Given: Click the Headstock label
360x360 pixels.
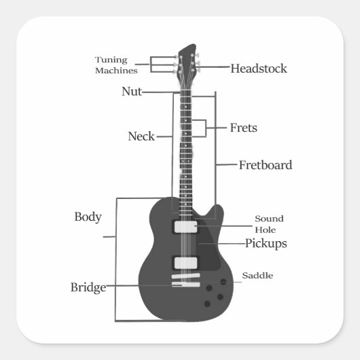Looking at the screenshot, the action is [x=259, y=69].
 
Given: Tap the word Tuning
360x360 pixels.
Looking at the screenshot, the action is [x=111, y=60].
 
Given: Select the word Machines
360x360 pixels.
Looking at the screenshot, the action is [x=116, y=71].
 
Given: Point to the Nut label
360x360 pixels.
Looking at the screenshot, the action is [x=132, y=92].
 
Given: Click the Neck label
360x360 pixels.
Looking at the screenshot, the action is [x=141, y=136].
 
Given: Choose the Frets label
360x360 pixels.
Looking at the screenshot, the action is [x=244, y=128].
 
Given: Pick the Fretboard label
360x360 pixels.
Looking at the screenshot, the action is [x=266, y=165].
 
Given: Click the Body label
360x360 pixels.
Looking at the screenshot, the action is [x=88, y=217].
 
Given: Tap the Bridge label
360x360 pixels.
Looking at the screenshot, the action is [x=88, y=287].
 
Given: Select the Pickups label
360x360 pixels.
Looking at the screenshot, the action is [x=266, y=243].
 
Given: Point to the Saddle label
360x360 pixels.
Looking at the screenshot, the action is [x=257, y=275].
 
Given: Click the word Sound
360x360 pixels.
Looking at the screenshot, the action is [x=269, y=219].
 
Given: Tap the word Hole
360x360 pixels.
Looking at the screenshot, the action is [x=266, y=230].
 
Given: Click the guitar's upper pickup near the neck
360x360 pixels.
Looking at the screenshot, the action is [x=185, y=227].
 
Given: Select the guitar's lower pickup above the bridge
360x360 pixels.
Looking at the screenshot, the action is [x=185, y=263].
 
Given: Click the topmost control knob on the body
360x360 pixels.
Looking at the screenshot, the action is [x=223, y=282].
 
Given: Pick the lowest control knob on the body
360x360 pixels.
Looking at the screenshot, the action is [x=207, y=304].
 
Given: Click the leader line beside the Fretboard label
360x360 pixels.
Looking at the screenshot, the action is [x=226, y=164].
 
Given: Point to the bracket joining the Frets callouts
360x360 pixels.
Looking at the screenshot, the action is [x=206, y=128].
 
